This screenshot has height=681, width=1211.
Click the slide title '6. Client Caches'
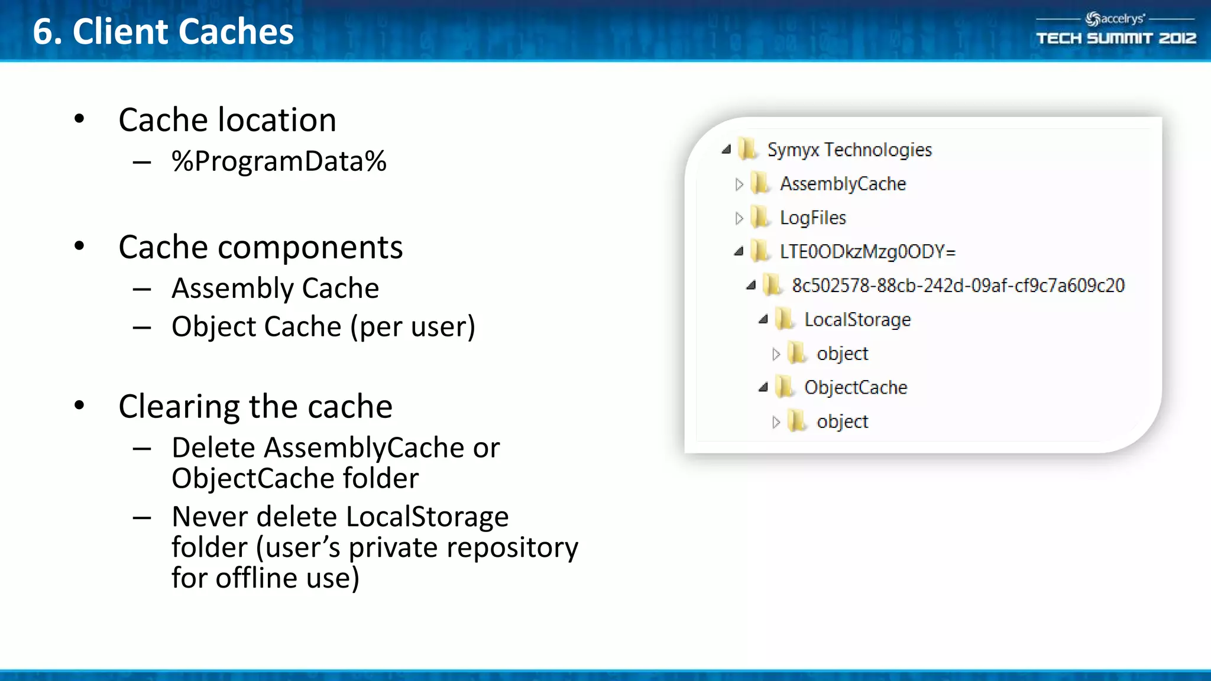click(163, 31)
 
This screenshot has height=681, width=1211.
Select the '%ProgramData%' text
click(279, 161)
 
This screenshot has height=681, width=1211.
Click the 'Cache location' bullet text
click(227, 120)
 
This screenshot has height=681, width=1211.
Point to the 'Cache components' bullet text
click(260, 247)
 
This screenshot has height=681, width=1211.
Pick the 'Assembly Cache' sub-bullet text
click(275, 288)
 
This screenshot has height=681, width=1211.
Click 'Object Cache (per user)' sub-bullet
click(323, 327)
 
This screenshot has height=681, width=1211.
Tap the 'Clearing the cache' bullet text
click(255, 407)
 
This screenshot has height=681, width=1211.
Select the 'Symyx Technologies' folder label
click(849, 150)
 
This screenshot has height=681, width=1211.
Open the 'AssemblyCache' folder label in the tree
click(843, 184)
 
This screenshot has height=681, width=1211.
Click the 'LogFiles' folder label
click(813, 218)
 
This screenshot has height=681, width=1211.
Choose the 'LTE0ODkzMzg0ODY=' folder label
click(867, 252)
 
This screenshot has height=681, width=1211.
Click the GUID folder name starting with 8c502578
click(958, 286)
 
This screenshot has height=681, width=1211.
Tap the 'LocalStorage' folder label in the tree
click(857, 320)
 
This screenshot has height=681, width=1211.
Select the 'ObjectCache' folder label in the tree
click(856, 388)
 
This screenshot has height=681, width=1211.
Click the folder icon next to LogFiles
click(760, 218)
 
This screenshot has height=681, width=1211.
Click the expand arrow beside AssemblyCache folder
click(739, 184)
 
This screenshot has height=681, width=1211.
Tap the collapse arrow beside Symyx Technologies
click(726, 150)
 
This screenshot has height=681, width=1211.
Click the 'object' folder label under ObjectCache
click(842, 421)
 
